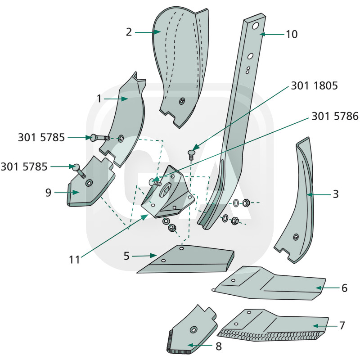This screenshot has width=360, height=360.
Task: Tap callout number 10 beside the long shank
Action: (x=292, y=34)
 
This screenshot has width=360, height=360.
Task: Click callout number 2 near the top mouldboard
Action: (x=129, y=32)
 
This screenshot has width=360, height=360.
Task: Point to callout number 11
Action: (x=74, y=260)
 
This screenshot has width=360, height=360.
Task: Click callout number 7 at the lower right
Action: (x=342, y=325)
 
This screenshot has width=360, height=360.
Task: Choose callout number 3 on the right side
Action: (x=336, y=194)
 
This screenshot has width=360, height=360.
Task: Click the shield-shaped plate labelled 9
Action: (x=90, y=184)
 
